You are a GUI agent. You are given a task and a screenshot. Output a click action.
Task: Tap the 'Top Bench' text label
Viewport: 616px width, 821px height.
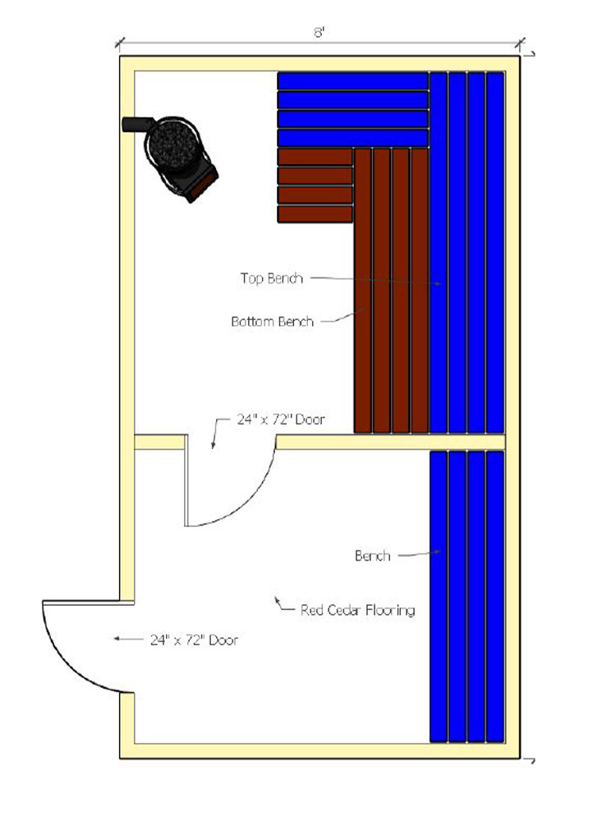271,278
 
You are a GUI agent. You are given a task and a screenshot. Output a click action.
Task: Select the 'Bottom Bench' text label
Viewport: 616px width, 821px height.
272,322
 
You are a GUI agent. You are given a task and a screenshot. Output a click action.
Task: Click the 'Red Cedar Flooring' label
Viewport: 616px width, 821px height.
357,610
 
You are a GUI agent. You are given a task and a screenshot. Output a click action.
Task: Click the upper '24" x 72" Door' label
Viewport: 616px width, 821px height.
280,420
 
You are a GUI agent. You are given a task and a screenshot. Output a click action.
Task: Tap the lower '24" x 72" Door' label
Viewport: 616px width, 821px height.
194,639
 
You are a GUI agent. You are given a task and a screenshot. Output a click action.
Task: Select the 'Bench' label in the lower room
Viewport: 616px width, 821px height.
372,556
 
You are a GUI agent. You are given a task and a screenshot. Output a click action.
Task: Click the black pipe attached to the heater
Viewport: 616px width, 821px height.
132,125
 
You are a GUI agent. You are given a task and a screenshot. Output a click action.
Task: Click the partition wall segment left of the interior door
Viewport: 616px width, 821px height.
159,443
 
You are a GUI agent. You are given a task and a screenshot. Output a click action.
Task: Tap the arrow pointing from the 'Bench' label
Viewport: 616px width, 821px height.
419,555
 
